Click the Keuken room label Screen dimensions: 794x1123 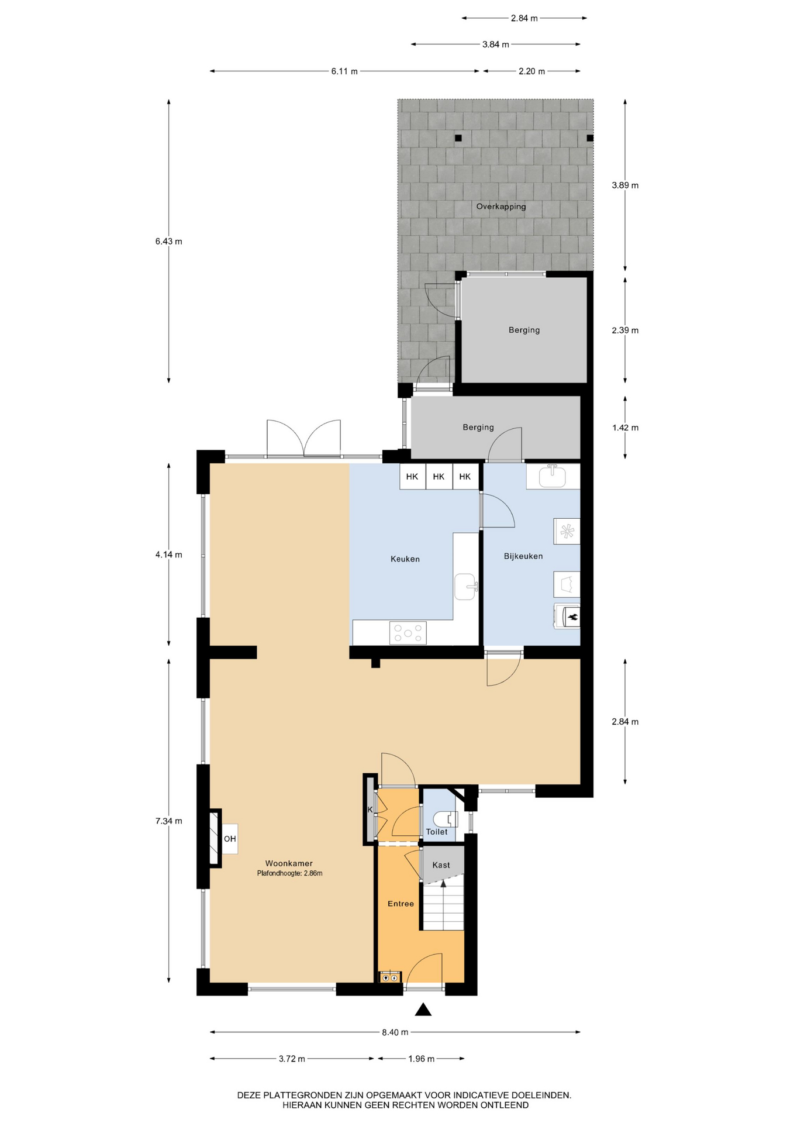click(x=405, y=559)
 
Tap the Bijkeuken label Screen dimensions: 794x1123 click(x=523, y=556)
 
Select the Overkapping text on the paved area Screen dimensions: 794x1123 click(x=501, y=206)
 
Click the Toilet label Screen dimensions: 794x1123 click(x=437, y=832)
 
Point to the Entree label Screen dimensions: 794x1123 click(x=401, y=904)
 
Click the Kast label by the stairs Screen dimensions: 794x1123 click(x=441, y=865)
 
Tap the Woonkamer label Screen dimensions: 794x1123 click(x=289, y=863)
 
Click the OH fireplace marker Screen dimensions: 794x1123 click(x=230, y=839)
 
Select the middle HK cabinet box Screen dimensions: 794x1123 click(x=439, y=477)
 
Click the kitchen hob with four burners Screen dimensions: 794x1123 click(x=408, y=633)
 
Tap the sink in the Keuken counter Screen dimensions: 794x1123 click(x=466, y=587)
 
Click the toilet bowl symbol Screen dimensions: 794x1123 click(x=446, y=818)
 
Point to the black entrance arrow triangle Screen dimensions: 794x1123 click(x=423, y=1010)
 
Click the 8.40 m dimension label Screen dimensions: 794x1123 click(x=395, y=1032)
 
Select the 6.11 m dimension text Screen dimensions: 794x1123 click(x=344, y=71)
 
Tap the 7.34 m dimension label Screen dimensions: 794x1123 click(x=169, y=821)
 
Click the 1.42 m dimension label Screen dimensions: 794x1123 click(x=625, y=428)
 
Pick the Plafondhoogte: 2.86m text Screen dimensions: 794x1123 click(x=289, y=873)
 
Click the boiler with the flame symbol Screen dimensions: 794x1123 click(x=567, y=616)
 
